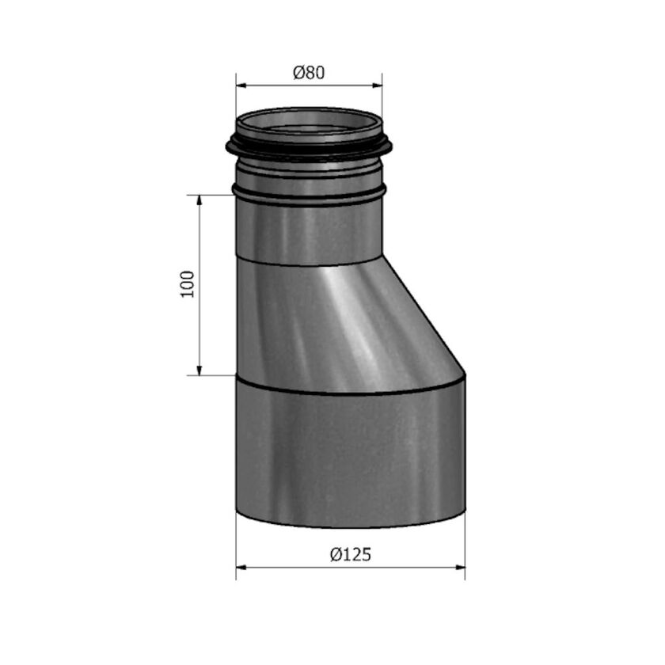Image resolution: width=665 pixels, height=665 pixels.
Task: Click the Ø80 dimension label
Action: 309,73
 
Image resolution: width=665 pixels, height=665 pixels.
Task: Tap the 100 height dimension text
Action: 188,283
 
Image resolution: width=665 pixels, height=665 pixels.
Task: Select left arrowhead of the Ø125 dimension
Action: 241,567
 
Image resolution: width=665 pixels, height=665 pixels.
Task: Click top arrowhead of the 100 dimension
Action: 199,199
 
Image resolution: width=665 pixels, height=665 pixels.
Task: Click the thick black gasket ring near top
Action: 309,151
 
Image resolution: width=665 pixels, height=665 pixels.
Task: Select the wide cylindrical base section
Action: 351,455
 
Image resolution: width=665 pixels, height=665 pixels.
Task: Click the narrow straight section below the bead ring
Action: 309,234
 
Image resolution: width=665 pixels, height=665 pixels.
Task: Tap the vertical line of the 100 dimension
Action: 199,317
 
